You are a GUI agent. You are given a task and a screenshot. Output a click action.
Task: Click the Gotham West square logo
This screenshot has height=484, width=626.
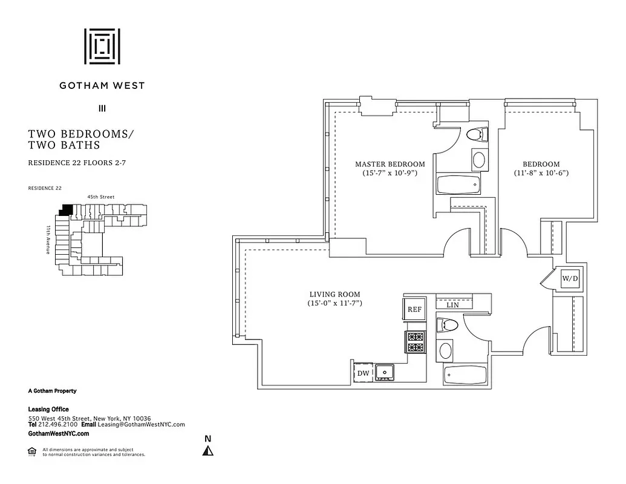pos(102,46)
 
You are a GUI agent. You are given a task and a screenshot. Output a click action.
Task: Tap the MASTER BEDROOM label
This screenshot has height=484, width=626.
pos(390,164)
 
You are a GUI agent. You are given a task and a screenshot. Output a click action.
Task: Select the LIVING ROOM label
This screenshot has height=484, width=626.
pos(334,295)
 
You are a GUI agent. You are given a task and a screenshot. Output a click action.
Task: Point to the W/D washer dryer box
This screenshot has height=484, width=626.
pos(570,279)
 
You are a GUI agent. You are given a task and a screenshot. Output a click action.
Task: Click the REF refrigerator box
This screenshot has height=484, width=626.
pos(414,309)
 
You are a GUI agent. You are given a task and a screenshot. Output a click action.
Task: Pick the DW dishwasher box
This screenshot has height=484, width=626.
pos(363,373)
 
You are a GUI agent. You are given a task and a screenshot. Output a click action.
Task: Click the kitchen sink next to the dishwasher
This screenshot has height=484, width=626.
pos(384,371)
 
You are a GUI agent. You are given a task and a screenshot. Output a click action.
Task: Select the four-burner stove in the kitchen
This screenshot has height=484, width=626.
pos(416,342)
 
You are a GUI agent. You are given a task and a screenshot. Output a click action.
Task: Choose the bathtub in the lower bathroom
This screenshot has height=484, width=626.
pos(465,374)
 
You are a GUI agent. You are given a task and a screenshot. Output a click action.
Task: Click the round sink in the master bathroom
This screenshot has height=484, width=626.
pos(478,160)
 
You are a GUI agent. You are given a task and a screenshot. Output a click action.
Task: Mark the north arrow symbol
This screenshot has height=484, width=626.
pos(208,450)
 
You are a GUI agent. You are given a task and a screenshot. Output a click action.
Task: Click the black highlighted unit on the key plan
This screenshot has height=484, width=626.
pos(65,210)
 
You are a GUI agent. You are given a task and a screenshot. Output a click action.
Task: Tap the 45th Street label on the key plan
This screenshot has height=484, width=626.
pos(101,197)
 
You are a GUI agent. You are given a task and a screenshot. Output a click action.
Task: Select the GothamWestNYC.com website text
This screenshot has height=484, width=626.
pos(59,434)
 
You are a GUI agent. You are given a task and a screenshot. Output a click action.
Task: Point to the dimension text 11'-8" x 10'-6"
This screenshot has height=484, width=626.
pos(541,173)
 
